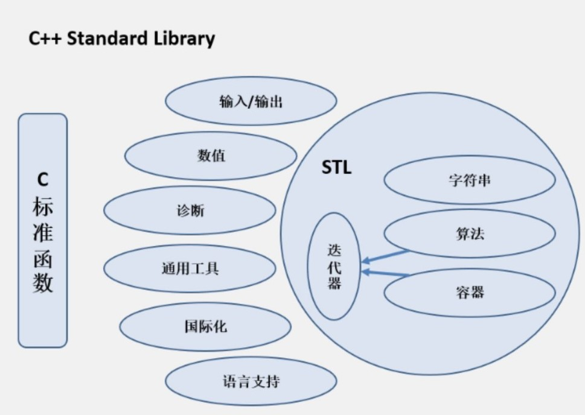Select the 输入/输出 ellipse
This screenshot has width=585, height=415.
click(x=251, y=101)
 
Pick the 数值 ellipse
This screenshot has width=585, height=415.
click(x=211, y=156)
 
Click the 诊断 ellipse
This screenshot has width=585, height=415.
click(x=190, y=211)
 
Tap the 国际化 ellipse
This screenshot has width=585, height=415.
click(x=205, y=326)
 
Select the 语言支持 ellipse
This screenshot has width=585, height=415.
click(x=251, y=381)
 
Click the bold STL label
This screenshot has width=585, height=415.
click(x=336, y=168)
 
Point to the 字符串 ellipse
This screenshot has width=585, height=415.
click(x=470, y=180)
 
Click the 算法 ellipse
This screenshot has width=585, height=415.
click(x=470, y=234)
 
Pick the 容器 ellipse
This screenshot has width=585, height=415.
click(x=470, y=293)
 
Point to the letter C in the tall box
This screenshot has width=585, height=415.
click(x=43, y=179)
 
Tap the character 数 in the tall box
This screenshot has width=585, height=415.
click(x=43, y=283)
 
